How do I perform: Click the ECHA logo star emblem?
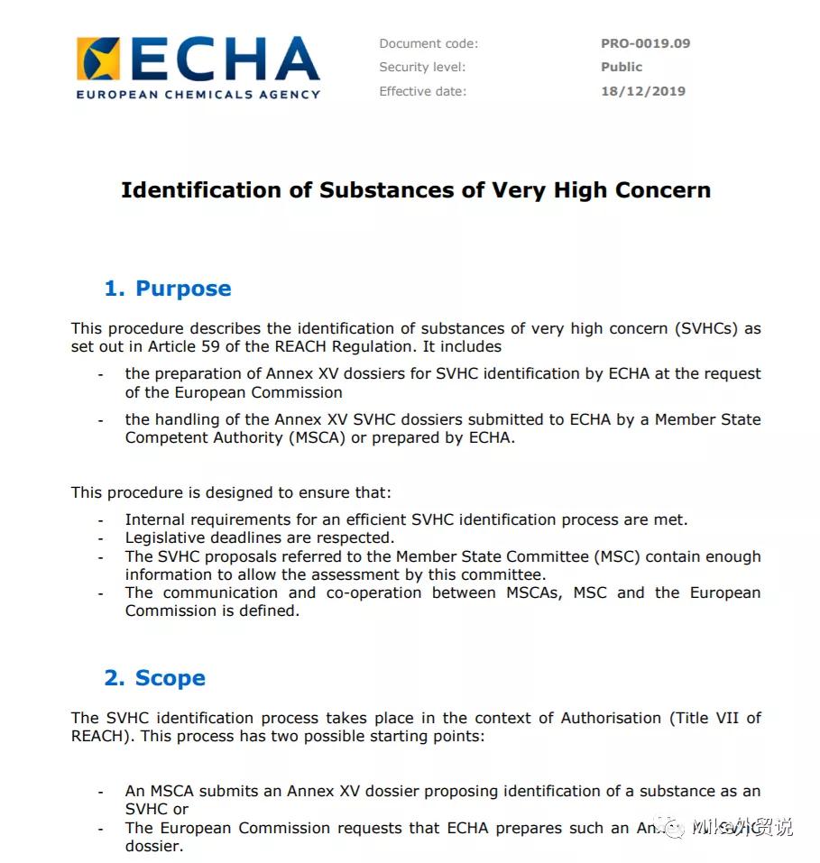[98, 60]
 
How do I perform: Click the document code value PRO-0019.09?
[645, 43]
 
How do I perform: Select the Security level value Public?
[622, 67]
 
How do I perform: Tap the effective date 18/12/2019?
[643, 91]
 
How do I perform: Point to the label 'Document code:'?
[428, 43]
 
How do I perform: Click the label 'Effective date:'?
[423, 91]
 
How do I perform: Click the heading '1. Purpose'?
[168, 289]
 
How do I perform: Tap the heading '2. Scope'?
[154, 678]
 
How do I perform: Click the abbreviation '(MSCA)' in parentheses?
[311, 438]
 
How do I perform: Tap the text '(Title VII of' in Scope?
[714, 718]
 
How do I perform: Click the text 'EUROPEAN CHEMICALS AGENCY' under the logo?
[198, 94]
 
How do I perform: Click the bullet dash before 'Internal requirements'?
[101, 520]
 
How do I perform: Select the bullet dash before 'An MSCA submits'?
[101, 792]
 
